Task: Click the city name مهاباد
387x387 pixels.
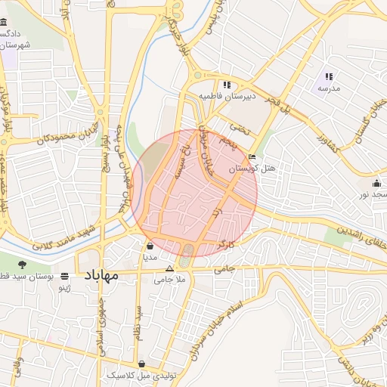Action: [x=98, y=275]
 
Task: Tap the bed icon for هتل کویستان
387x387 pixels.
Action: [x=252, y=156]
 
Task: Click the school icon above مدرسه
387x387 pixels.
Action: [x=329, y=76]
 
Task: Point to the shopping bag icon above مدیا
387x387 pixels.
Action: [x=150, y=246]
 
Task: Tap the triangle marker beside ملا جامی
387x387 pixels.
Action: [x=169, y=268]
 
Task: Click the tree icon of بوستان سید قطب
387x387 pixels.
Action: [x=21, y=265]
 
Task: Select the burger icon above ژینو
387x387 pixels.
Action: [x=66, y=276]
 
